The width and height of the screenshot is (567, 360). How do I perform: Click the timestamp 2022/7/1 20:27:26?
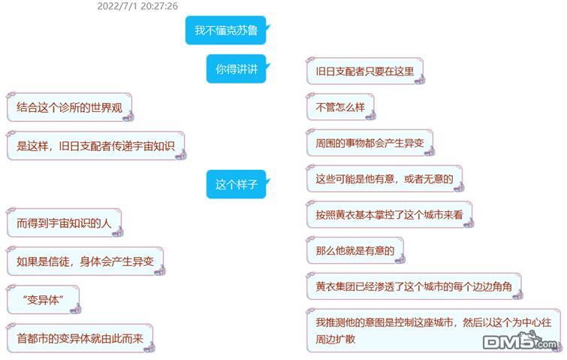(137, 6)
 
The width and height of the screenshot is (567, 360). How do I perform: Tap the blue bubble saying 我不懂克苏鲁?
(225, 31)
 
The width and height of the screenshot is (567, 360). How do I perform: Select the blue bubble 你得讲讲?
(236, 69)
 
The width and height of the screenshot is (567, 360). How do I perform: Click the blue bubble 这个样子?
(236, 184)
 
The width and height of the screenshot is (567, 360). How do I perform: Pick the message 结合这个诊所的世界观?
(68, 107)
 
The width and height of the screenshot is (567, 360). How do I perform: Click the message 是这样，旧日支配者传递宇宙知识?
(95, 146)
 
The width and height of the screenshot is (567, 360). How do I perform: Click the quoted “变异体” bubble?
(42, 300)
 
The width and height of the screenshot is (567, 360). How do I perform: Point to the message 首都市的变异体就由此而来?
(79, 338)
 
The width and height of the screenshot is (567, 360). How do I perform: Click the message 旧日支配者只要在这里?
(364, 71)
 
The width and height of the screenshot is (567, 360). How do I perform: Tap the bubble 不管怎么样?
(339, 107)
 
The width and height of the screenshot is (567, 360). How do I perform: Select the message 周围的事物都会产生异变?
(369, 143)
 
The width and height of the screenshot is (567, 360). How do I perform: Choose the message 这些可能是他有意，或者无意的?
(383, 179)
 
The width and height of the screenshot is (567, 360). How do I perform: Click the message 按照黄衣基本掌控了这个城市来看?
(388, 215)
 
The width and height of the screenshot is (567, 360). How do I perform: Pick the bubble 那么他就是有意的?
(354, 250)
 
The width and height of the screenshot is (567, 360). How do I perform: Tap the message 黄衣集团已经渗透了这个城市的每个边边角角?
(413, 286)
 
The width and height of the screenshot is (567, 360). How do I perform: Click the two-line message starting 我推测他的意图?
(433, 329)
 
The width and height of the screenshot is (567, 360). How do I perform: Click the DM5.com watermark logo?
(521, 343)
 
